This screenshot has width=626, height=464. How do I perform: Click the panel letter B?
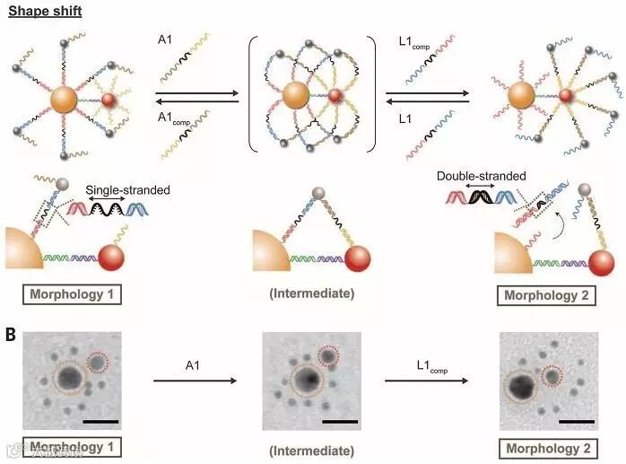(x=10, y=335)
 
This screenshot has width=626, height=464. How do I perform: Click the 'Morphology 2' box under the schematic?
(x=550, y=294)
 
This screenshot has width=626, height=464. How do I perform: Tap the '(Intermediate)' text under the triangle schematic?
(x=312, y=293)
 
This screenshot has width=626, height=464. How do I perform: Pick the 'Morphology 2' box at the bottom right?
(x=550, y=448)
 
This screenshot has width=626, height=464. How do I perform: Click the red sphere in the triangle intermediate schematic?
(x=336, y=256)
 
